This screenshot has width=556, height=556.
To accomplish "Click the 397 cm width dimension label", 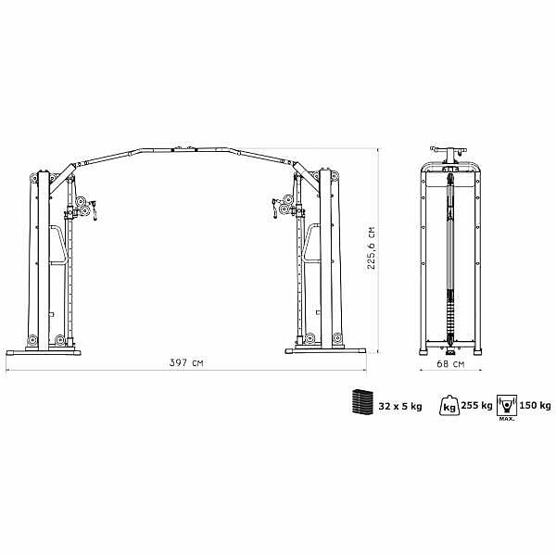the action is [186, 362].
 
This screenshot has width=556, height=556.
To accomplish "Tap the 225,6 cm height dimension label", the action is [371, 247].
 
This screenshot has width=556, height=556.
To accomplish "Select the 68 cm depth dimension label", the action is [450, 363].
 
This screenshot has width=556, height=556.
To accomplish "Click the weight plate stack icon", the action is [362, 401].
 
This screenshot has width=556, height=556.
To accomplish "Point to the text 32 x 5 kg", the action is [400, 406].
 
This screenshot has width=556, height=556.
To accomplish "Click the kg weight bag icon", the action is [449, 405].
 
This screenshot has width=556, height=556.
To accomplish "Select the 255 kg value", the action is [476, 405].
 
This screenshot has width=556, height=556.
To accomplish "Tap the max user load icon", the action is [507, 407].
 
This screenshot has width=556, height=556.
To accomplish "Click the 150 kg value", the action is [535, 405].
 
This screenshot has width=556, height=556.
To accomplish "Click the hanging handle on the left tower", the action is [95, 210].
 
